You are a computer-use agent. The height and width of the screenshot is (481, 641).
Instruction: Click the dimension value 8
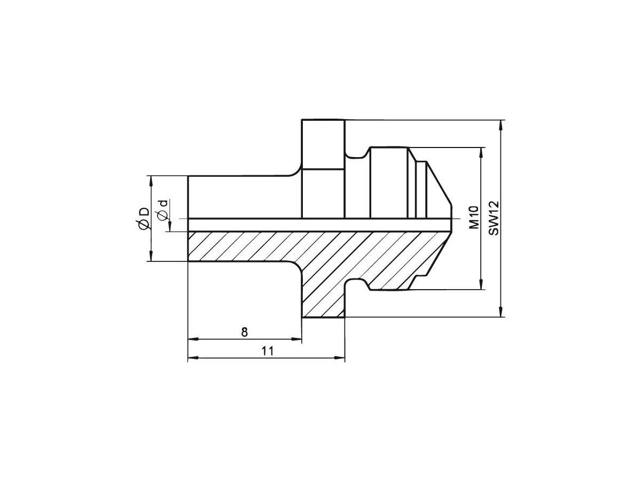(245, 332)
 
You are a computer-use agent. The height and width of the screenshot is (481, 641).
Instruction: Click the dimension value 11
(268, 351)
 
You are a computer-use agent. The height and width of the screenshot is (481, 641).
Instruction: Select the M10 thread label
(474, 218)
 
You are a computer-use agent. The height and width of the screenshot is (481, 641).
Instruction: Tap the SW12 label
(494, 218)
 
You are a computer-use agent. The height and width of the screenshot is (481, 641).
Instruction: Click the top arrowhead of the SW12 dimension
(501, 125)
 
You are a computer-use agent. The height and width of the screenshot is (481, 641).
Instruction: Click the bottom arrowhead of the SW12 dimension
(501, 312)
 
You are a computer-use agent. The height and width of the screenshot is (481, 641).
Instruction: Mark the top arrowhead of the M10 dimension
(481, 153)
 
